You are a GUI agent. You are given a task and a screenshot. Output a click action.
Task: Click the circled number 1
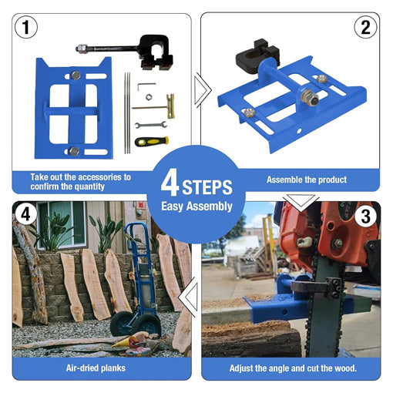tap(26, 27)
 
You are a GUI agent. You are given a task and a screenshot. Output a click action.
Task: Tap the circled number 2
tap(365, 27)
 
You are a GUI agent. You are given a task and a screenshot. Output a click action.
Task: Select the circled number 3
tap(366, 217)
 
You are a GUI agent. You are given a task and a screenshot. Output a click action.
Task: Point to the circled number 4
tap(25, 213)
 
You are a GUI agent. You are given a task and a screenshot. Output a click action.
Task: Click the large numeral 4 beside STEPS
tap(170, 183)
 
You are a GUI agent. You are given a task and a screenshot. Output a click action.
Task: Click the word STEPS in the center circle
tap(207, 187)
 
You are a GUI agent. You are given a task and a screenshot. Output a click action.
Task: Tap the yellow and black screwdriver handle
tap(152, 141)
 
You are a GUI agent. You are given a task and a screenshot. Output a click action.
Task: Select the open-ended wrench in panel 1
tap(151, 125)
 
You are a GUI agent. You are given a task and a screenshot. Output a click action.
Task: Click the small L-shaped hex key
tap(146, 86)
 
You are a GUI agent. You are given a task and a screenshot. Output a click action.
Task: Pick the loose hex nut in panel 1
tap(149, 97)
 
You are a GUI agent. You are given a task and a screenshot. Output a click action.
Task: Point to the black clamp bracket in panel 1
tap(156, 52)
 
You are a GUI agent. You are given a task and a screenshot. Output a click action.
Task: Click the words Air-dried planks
tap(96, 368)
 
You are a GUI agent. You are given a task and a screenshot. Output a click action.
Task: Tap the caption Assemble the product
tap(307, 180)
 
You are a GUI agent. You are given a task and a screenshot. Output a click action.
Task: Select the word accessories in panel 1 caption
tap(99, 177)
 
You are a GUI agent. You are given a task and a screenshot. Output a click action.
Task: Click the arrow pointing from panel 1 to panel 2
tap(203, 90)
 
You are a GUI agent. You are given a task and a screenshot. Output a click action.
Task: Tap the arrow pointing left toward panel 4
tap(188, 298)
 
